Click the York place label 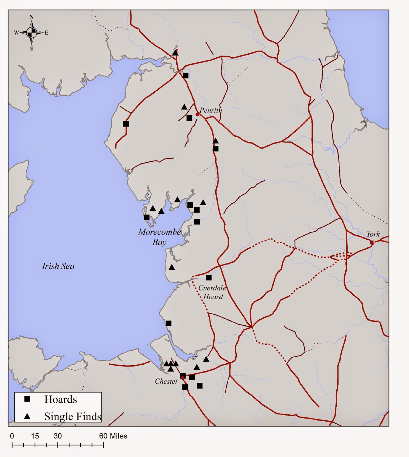click(373, 234)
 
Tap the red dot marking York click(372, 242)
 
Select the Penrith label click(211, 110)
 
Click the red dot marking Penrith click(197, 115)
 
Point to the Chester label click(166, 381)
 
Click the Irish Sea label click(58, 266)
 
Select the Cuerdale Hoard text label click(212, 292)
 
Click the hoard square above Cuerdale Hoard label click(209, 278)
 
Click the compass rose click(31, 33)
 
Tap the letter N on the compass click(31, 17)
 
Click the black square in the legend click(27, 399)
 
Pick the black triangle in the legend click(27, 416)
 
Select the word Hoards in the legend click(61, 399)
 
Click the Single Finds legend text click(73, 416)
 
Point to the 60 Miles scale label click(113, 436)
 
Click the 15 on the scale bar click(35, 436)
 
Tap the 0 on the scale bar click(12, 436)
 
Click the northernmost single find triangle click(175, 53)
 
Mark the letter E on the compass click(46, 33)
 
